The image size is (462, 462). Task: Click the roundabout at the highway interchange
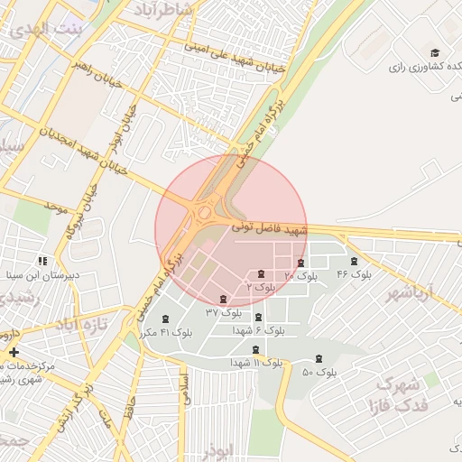[206, 214]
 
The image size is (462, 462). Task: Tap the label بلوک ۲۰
[301, 274]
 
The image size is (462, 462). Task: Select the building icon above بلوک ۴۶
[354, 262]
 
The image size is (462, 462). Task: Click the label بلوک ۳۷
[224, 312]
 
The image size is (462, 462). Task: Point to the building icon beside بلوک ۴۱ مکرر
[165, 319]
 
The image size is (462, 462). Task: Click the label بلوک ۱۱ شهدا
[255, 362]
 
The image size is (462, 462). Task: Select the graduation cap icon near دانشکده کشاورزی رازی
[434, 53]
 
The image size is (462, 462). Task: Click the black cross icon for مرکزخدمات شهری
[13, 352]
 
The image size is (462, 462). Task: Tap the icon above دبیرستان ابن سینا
[42, 260]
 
